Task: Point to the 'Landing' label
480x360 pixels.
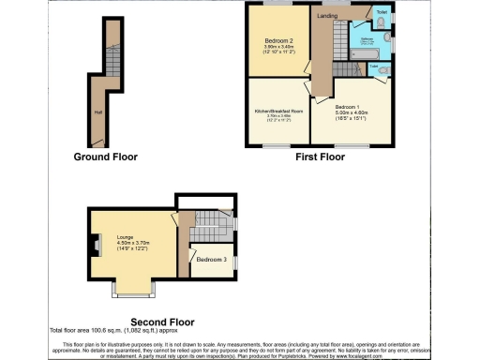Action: (327, 16)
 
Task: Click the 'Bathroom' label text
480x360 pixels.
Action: (368, 39)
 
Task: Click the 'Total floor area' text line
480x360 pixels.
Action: (124, 330)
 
